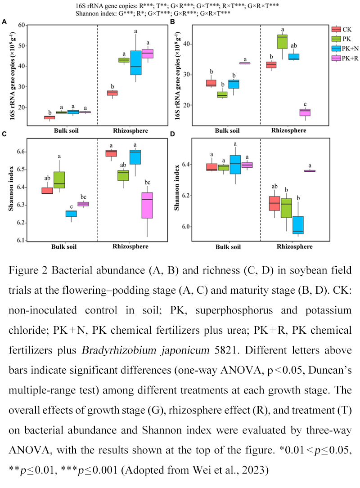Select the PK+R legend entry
pyautogui.click(x=345, y=58)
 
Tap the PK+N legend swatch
pyautogui.click(x=336, y=49)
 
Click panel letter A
pyautogui.click(x=4, y=22)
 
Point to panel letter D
pyautogui.click(x=172, y=134)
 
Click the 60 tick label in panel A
pyautogui.click(x=22, y=25)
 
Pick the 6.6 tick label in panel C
pyautogui.click(x=21, y=152)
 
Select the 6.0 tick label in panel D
pyautogui.click(x=186, y=227)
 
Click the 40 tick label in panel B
pyautogui.click(x=187, y=44)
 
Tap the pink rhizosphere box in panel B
pyautogui.click(x=305, y=112)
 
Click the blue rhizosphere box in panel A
pyautogui.click(x=136, y=63)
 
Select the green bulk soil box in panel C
pyautogui.click(x=59, y=180)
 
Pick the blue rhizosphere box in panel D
pyautogui.click(x=298, y=225)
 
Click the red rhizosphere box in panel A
pyautogui.click(x=112, y=93)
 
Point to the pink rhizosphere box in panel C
pyautogui.click(x=147, y=206)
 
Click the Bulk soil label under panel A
pyautogui.click(x=66, y=131)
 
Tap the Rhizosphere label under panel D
pyautogui.click(x=295, y=246)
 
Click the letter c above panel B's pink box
pyautogui.click(x=305, y=104)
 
